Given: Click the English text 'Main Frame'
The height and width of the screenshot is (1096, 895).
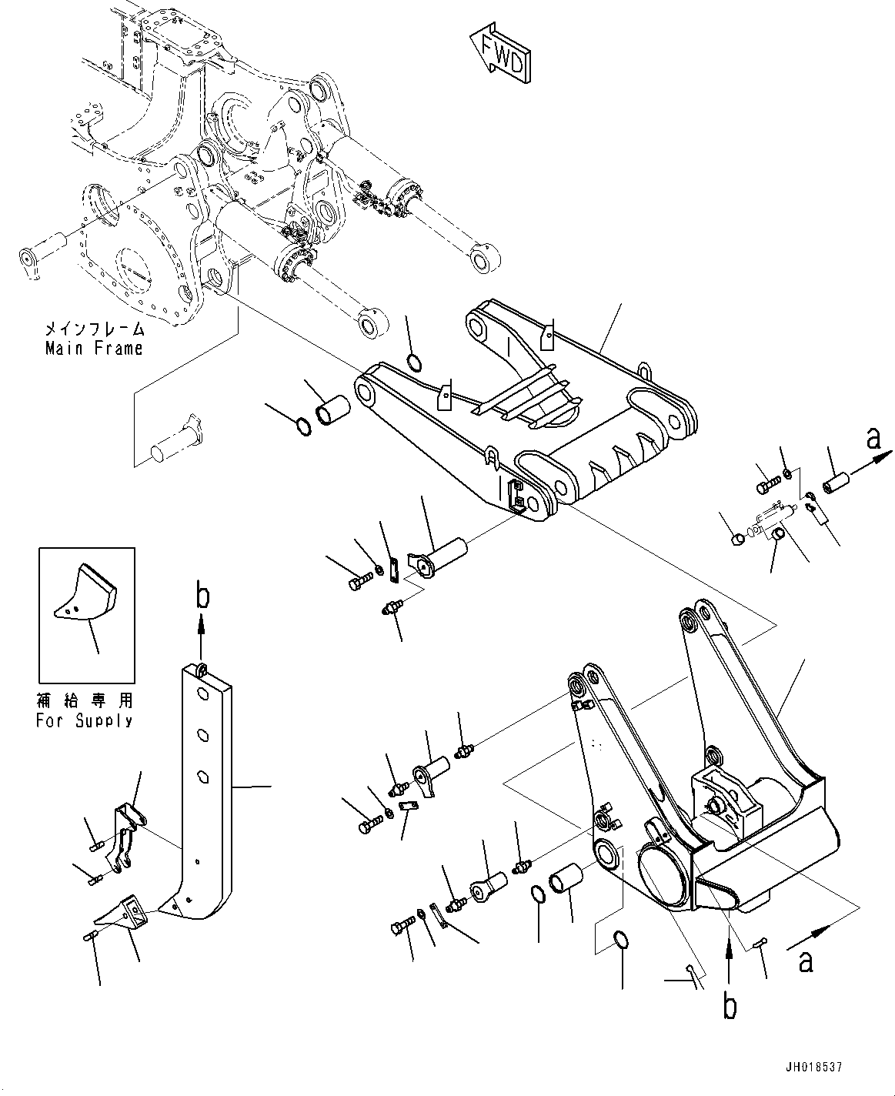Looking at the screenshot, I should tap(94, 348).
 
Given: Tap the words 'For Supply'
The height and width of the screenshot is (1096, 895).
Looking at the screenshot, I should tap(84, 721).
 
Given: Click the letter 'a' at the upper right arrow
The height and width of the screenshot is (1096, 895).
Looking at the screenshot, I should tap(872, 439).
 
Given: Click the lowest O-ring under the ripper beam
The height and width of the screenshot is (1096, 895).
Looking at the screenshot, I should tap(622, 940).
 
